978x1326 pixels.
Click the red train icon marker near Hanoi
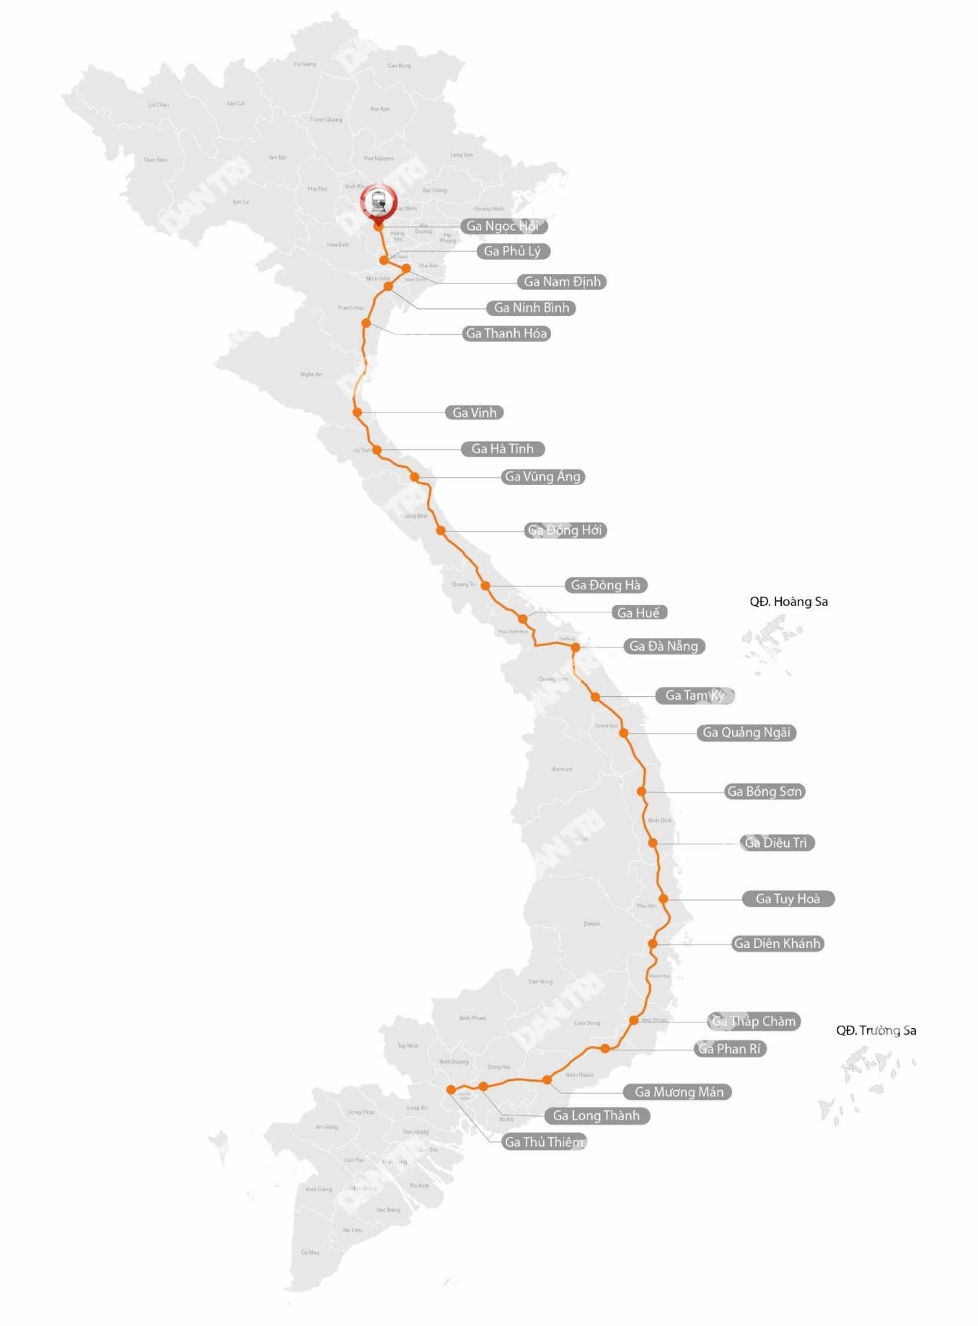coord(379,203)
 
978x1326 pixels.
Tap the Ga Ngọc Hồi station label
coord(503,226)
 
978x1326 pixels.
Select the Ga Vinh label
coord(474,412)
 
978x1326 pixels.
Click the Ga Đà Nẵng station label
coord(663,646)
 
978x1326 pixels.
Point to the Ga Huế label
coord(638,612)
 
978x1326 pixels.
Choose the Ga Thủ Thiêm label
coord(544,1141)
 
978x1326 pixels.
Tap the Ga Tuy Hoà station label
coord(788,899)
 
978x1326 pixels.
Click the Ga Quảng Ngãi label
coord(746,732)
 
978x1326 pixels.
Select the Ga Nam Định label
coord(562,282)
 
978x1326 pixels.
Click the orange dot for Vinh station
coord(357,412)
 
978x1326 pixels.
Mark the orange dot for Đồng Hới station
coord(440,530)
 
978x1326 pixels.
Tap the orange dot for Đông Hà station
coord(485,585)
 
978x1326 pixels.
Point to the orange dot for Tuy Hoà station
coord(663,899)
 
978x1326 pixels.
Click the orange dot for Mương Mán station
coord(547,1079)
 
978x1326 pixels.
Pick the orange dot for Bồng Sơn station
coord(641,791)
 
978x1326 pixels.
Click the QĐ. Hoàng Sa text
coord(788,601)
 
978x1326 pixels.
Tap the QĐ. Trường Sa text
coord(876,1030)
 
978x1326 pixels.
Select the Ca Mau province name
coord(310,1252)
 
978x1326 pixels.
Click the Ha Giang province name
coord(304,64)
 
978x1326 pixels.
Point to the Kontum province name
coord(562,769)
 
